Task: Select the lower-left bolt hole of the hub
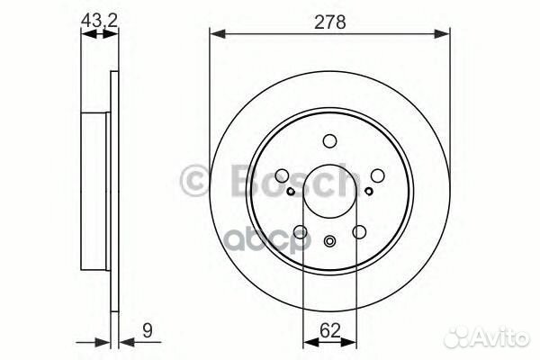[x=300, y=232]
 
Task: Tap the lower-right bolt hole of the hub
[x=359, y=232]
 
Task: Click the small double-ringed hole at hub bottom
[x=329, y=239]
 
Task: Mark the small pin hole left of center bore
[x=291, y=191]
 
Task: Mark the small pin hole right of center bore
[x=369, y=191]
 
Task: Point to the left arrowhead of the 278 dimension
[x=215, y=34]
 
